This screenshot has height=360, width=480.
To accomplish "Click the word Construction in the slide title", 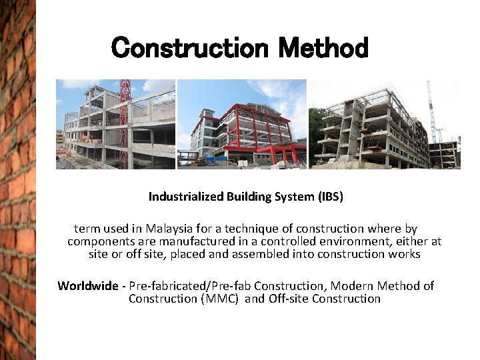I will [x=191, y=48].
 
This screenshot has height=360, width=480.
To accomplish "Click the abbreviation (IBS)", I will [x=326, y=197].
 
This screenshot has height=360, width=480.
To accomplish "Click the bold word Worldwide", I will [x=87, y=286].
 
